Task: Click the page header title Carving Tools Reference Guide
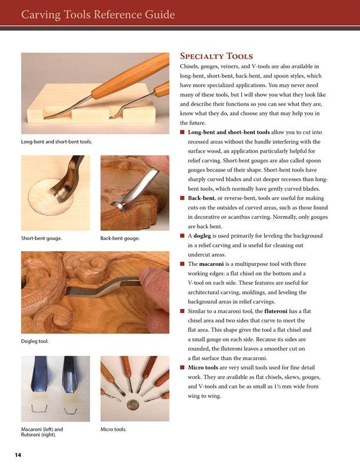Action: click(x=98, y=14)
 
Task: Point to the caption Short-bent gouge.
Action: click(x=42, y=239)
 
